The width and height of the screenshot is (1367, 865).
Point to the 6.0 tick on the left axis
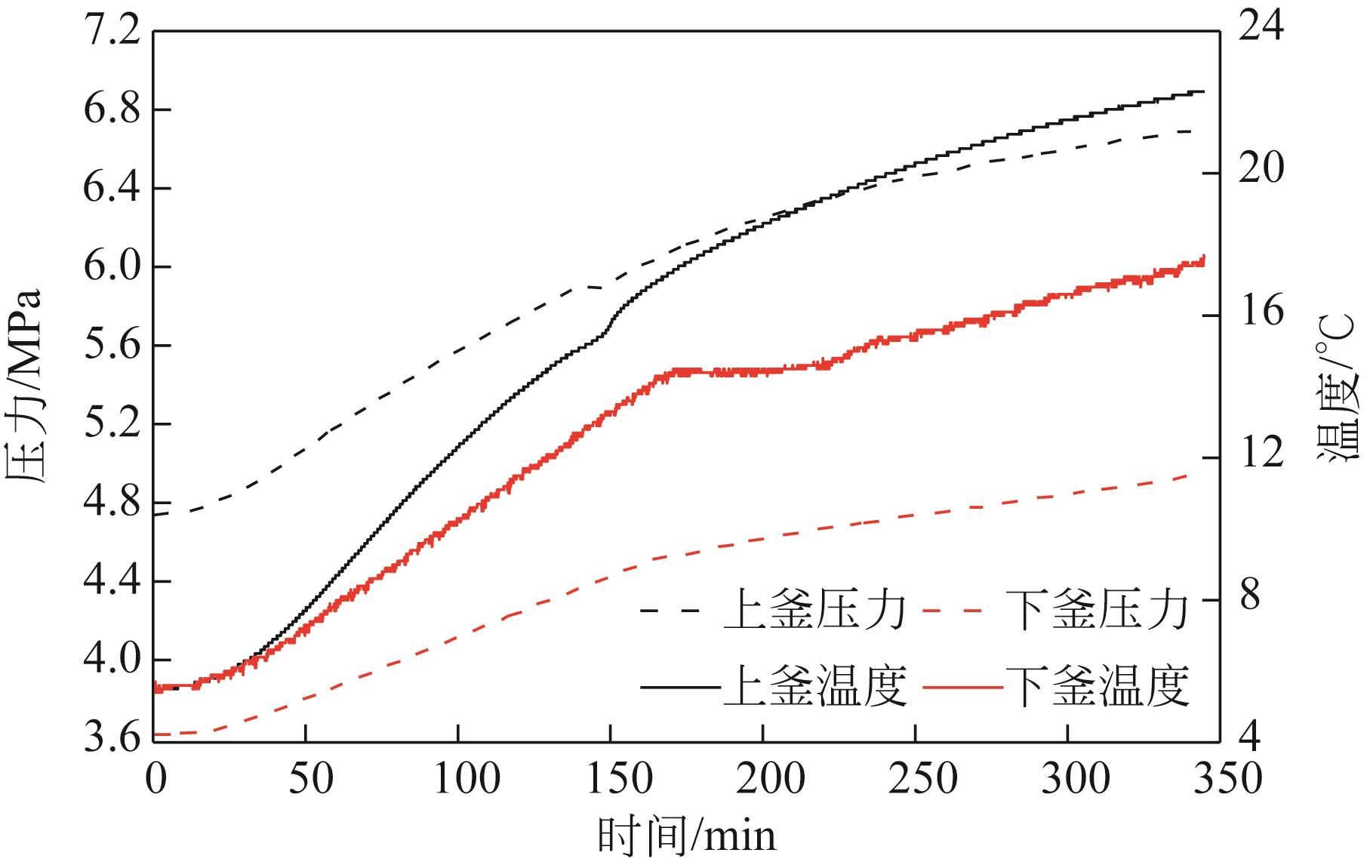(x=114, y=266)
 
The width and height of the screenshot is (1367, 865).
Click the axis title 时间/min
(x=686, y=836)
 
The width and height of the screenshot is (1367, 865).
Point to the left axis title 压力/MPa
(x=26, y=385)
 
